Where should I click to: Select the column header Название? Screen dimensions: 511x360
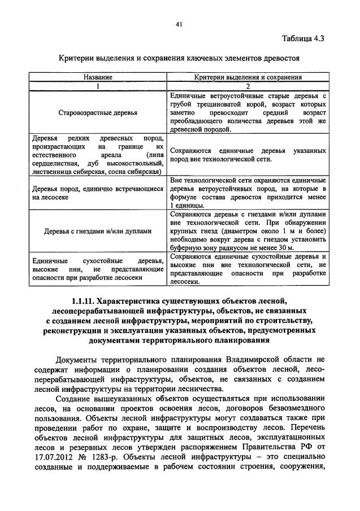click(98, 77)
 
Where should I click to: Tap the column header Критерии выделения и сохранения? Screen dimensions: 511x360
click(248, 77)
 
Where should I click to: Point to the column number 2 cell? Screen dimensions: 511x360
click(248, 86)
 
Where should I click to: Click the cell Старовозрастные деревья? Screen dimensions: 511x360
click(98, 112)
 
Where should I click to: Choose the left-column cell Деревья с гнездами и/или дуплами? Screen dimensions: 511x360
click(98, 231)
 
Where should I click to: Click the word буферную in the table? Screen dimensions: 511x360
click(185, 247)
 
